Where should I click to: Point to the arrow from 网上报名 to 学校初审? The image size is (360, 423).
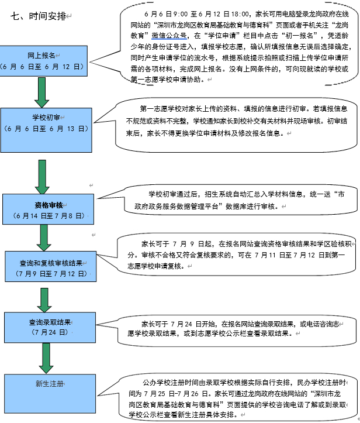coord(42,92)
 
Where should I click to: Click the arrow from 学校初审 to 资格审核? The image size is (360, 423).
coord(42,175)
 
